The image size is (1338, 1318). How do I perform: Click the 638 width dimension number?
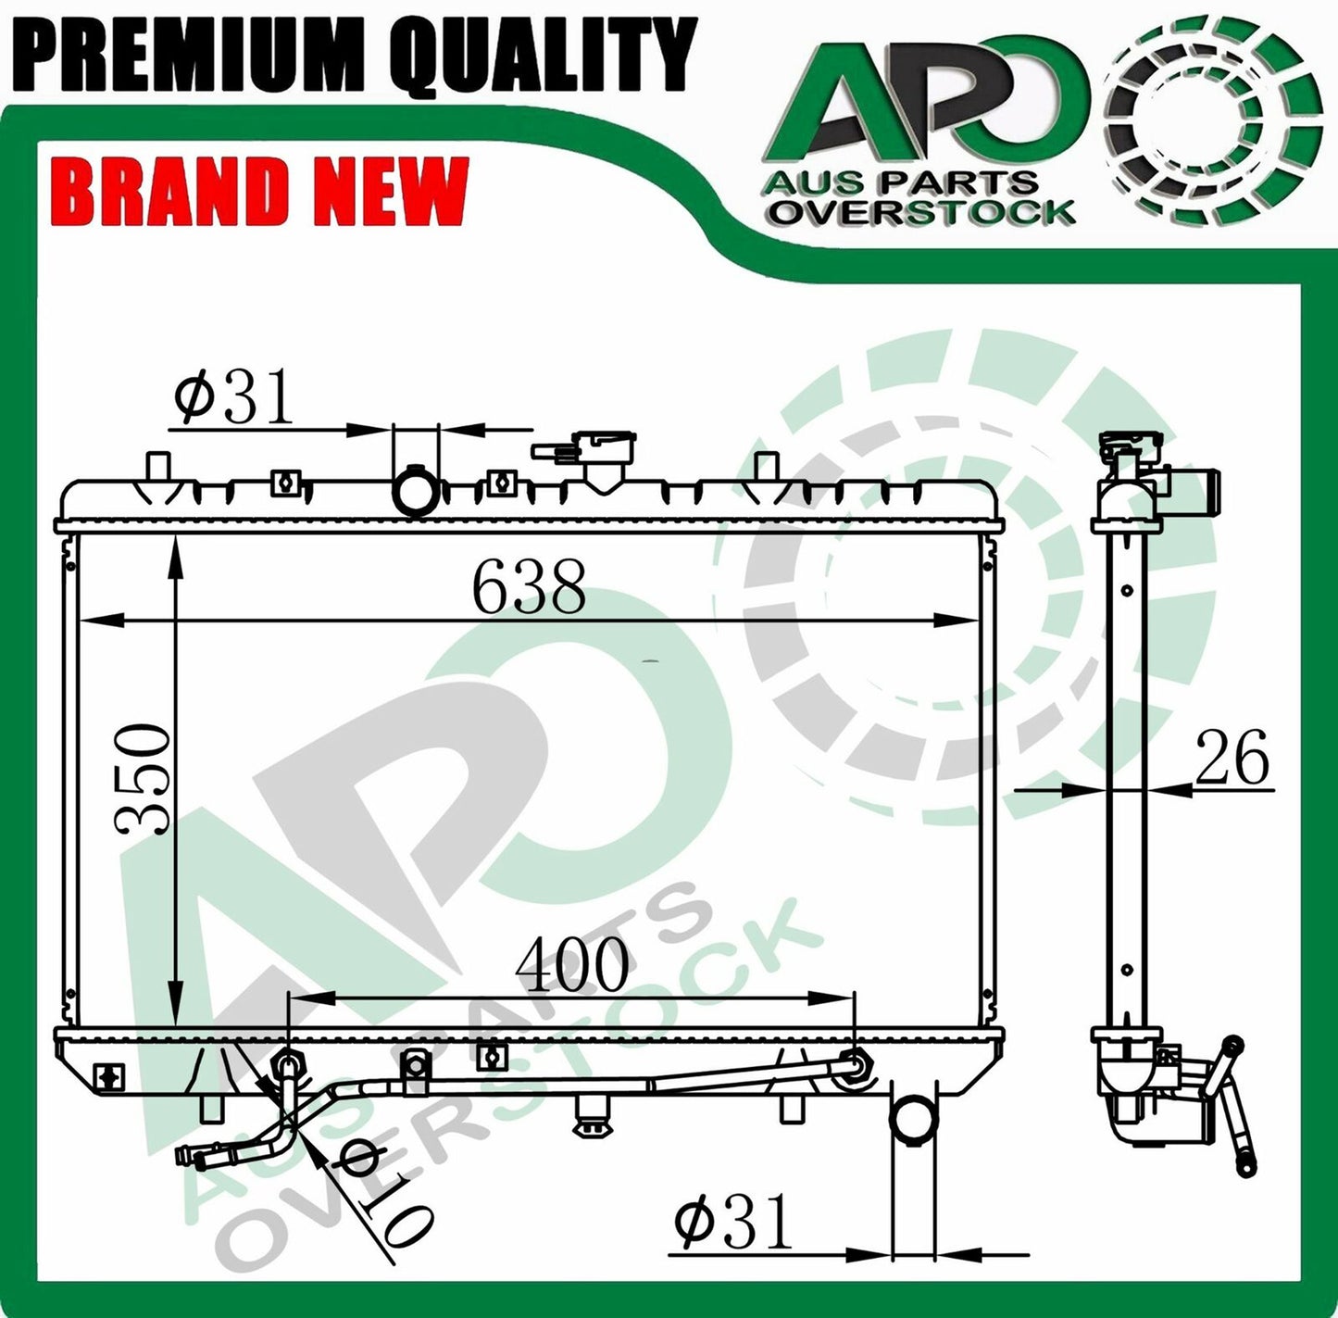coord(529,586)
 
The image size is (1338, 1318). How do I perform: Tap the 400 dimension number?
coord(571,964)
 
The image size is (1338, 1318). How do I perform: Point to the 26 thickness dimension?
coord(1231,757)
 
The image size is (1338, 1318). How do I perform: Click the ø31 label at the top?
coord(232,398)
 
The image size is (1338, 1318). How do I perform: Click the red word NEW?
coord(389,191)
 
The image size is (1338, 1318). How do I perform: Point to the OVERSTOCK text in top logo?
coord(922,212)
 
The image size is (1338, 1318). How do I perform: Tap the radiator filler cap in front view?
coord(603,454)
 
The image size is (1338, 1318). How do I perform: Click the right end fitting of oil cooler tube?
coord(854,1068)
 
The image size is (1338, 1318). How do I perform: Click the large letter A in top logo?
coord(833,107)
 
